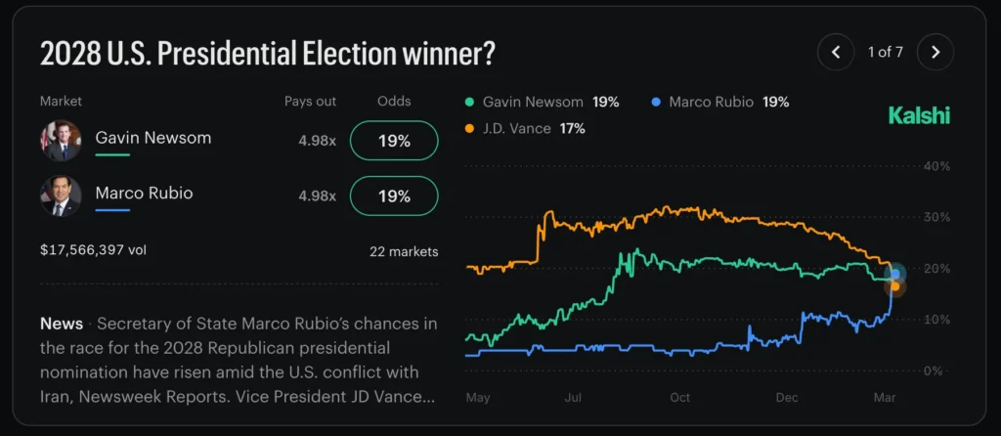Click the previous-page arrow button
836,52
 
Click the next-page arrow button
936,52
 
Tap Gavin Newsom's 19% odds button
393,141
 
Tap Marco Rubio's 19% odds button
393,196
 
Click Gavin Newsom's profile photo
61,141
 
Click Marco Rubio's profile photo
61,196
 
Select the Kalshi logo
918,115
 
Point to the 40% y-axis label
936,166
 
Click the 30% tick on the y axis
936,217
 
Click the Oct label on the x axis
679,397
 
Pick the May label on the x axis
478,397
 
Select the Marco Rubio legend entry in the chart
718,102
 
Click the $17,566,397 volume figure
94,250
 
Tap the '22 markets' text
404,251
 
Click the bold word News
61,323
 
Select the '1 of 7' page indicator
886,52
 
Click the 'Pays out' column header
310,101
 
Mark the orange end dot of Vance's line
894,286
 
